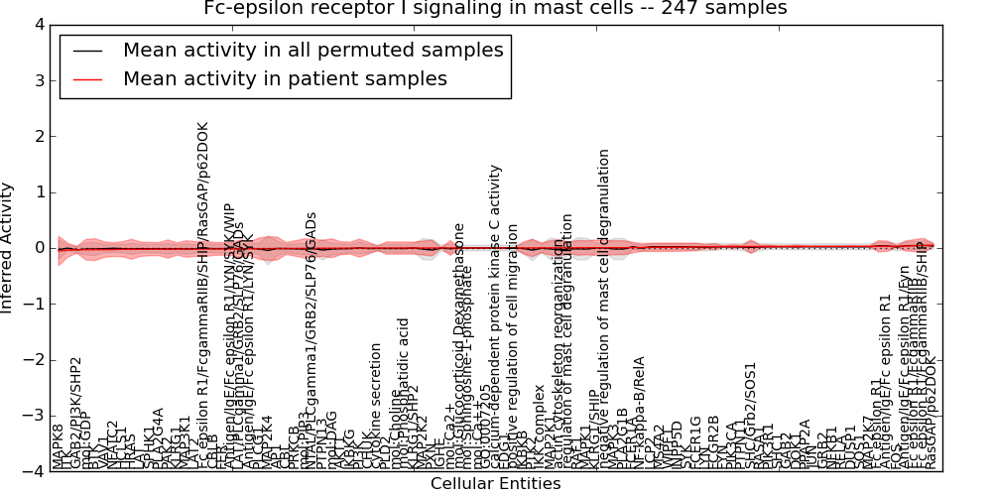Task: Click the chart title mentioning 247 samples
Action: pyautogui.click(x=495, y=9)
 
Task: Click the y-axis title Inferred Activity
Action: pyautogui.click(x=8, y=248)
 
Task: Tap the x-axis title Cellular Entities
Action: pyautogui.click(x=495, y=484)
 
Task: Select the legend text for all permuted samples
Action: pyautogui.click(x=312, y=50)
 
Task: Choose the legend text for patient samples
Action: pyautogui.click(x=285, y=78)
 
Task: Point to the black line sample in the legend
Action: pyautogui.click(x=87, y=51)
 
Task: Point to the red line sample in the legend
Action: pyautogui.click(x=87, y=79)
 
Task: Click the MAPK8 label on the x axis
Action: pyautogui.click(x=59, y=446)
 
